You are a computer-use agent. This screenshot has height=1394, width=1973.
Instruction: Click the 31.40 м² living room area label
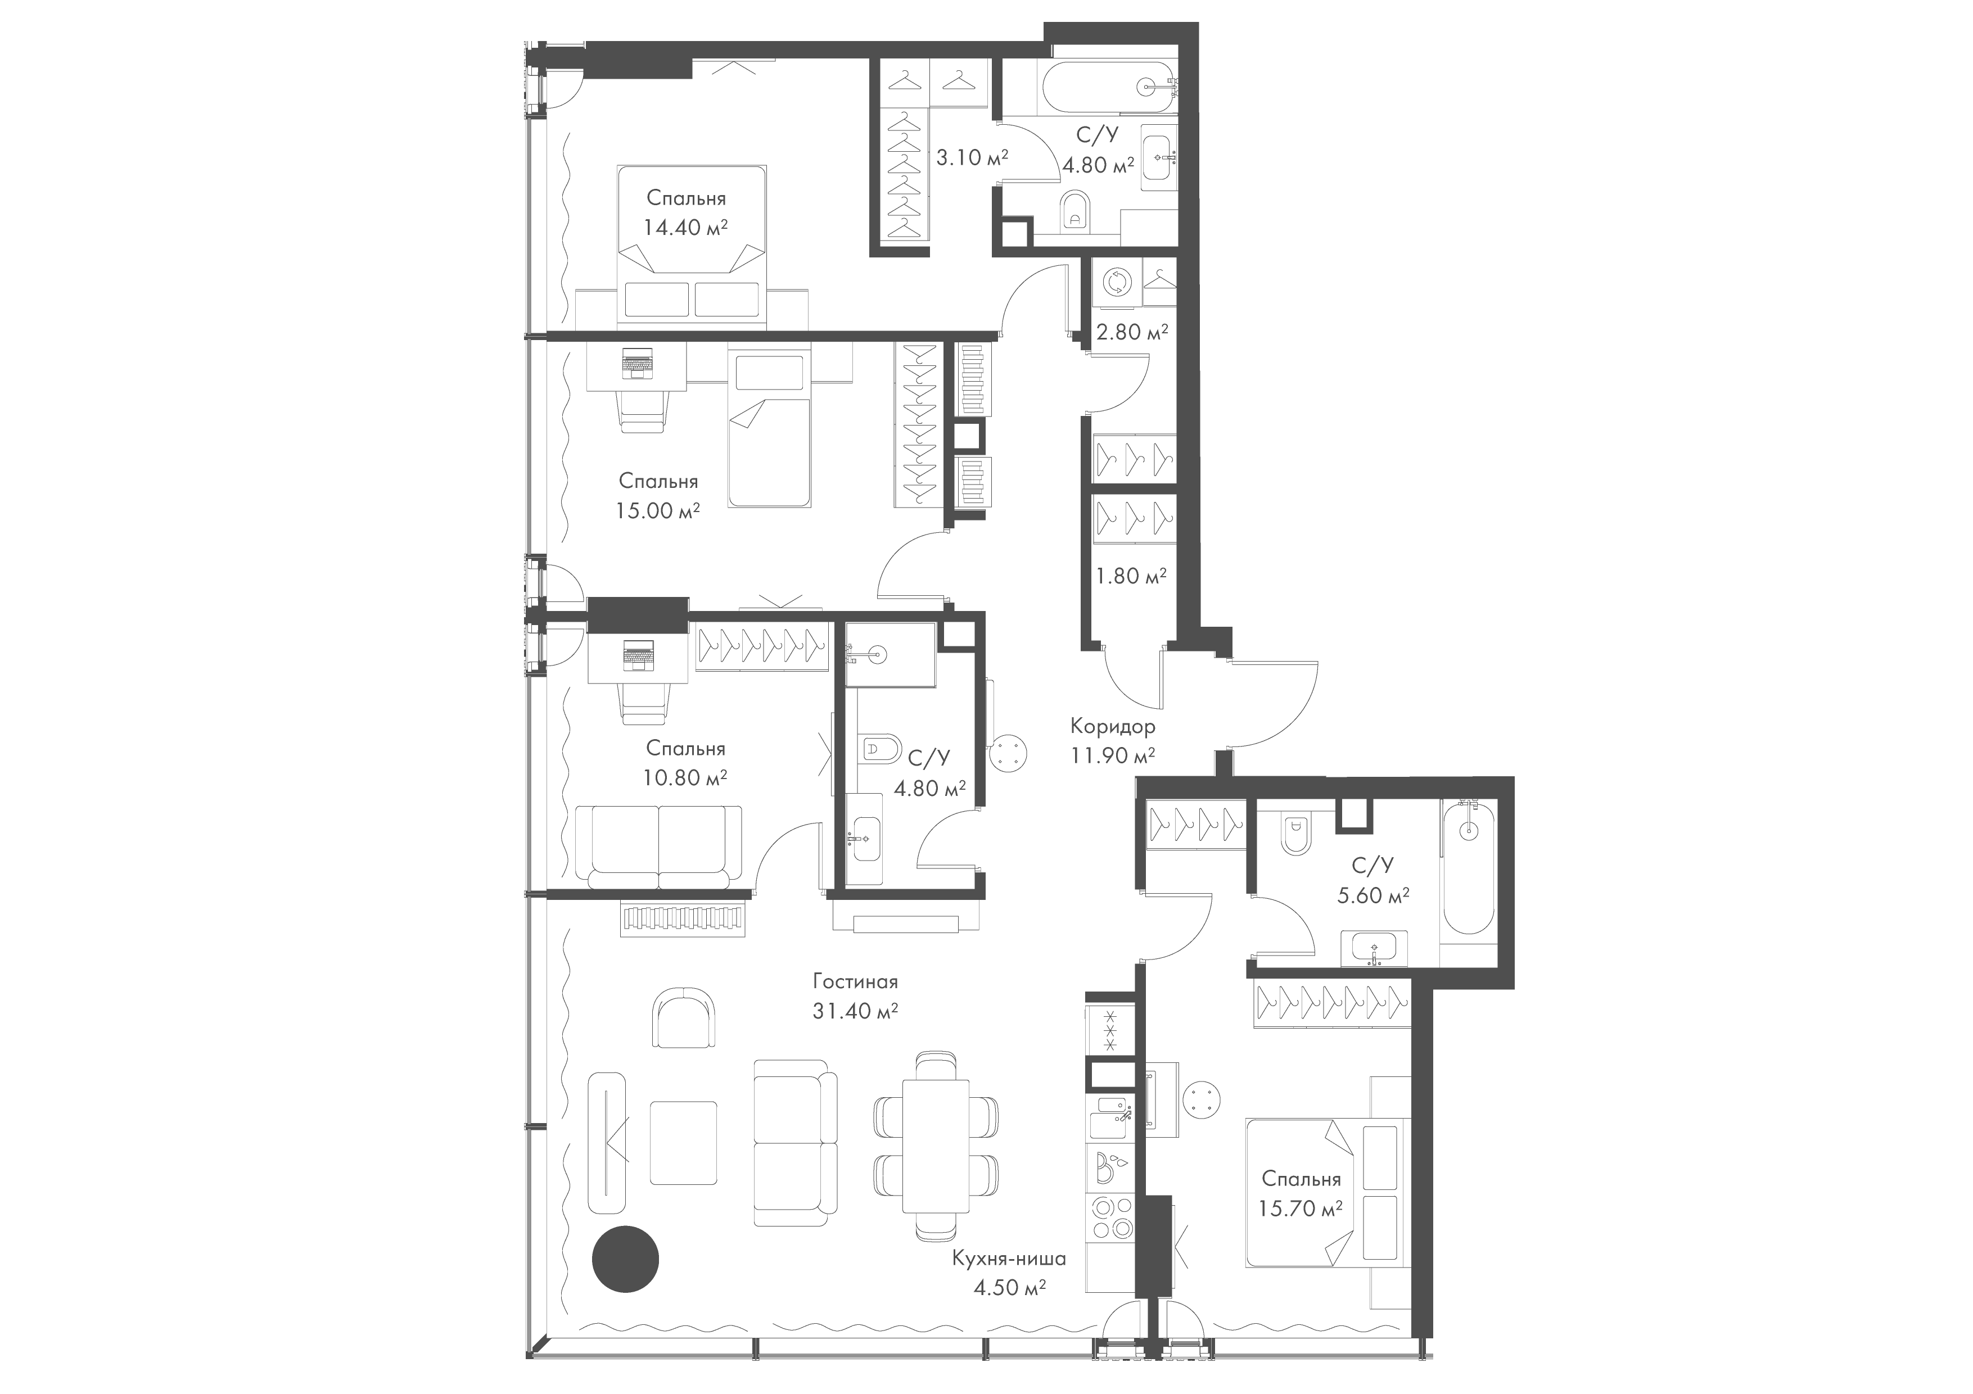click(855, 1011)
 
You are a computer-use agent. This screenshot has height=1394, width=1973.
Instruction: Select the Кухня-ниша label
click(1009, 1259)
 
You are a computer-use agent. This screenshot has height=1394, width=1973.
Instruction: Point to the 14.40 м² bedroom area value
click(686, 228)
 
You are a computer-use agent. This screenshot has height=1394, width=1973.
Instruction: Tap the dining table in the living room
click(935, 1146)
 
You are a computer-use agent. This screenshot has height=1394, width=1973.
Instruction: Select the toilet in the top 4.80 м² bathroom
click(1075, 210)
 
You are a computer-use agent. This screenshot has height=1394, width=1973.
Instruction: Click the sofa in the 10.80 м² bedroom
click(658, 846)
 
